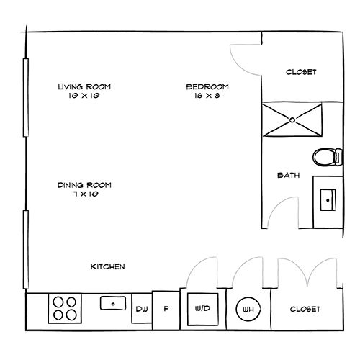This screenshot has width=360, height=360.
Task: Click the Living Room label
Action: click(x=84, y=86)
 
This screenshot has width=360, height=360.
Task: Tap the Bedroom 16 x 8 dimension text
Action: click(x=207, y=96)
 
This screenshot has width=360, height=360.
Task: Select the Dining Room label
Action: click(x=84, y=185)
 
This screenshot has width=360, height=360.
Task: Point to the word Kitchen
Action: click(x=108, y=266)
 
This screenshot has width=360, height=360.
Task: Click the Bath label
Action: click(x=289, y=175)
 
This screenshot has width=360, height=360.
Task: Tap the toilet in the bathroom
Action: click(x=328, y=157)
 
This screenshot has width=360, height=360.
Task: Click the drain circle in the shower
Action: click(x=292, y=120)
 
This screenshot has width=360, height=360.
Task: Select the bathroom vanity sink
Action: click(x=328, y=200)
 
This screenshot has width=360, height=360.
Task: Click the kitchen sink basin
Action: click(x=113, y=303)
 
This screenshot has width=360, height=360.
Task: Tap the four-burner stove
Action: click(x=65, y=309)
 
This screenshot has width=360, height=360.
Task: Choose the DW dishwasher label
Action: click(x=142, y=309)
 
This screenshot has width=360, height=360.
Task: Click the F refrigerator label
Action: click(x=166, y=309)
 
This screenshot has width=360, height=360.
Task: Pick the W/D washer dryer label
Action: click(x=202, y=308)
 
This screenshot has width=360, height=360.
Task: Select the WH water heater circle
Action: click(x=248, y=309)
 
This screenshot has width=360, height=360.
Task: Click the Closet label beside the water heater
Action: click(x=305, y=309)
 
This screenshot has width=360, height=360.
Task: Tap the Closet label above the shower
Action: click(x=301, y=72)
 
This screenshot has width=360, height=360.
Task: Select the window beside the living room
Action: click(x=26, y=97)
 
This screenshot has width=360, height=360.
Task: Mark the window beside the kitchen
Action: click(x=26, y=249)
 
